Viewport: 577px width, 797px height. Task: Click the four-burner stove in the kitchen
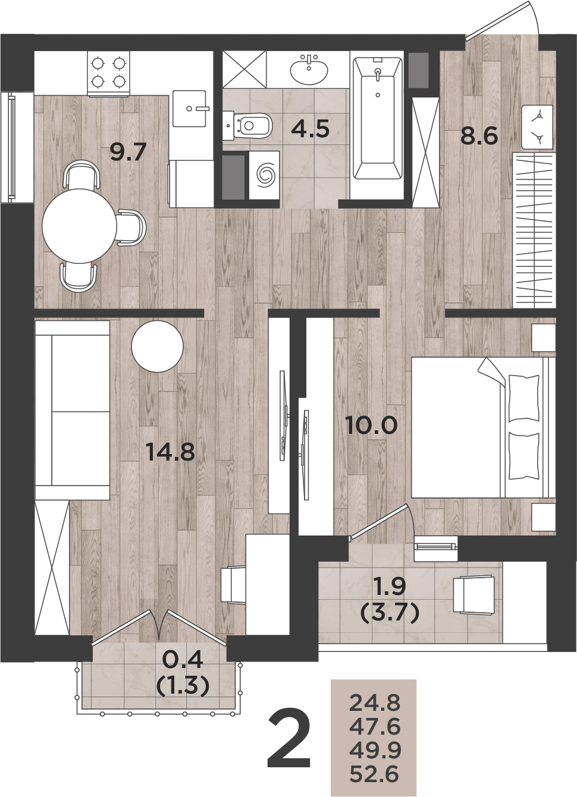[x=109, y=73]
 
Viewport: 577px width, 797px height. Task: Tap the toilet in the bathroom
[x=247, y=125]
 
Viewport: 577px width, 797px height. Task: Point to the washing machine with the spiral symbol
[x=264, y=175]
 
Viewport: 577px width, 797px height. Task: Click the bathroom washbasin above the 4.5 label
[x=309, y=69]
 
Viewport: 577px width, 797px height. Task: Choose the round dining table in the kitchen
[x=80, y=226]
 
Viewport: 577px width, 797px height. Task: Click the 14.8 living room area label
[x=171, y=453]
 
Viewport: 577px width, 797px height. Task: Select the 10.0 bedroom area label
[x=371, y=426]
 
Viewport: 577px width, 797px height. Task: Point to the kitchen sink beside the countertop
[x=190, y=108]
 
